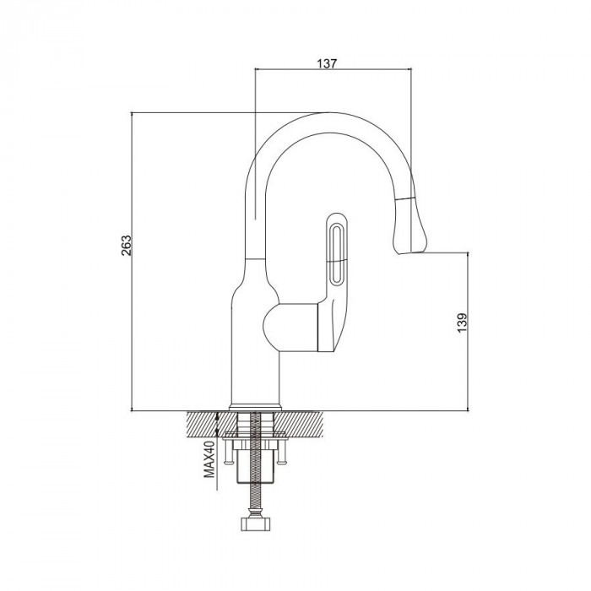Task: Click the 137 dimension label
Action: [327, 63]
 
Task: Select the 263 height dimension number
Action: [127, 246]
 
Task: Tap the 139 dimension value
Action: [462, 323]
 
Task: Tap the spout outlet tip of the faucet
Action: [412, 252]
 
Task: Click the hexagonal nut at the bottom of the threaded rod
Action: [256, 524]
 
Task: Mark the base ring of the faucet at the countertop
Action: [256, 408]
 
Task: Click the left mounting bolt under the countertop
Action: [228, 453]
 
